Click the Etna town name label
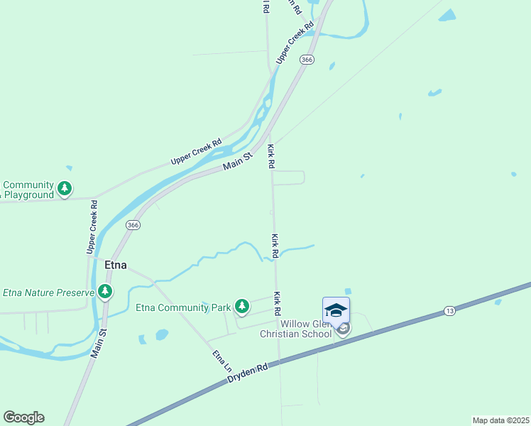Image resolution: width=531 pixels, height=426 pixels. pos(116,265)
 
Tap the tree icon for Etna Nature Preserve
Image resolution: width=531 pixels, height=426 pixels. pos(105,291)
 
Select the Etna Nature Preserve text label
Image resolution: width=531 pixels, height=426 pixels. pos(48,293)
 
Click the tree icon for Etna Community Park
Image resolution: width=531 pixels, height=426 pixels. pos(242,306)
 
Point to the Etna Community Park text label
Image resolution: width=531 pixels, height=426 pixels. pos(183,308)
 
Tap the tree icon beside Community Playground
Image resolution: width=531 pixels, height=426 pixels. pos(65,188)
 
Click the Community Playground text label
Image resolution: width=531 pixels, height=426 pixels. pos(28,190)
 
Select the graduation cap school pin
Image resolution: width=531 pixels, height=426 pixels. pos(336,310)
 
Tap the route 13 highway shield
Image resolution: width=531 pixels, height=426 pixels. pos(449,311)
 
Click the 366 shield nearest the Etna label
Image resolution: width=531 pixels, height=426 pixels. pos(133,224)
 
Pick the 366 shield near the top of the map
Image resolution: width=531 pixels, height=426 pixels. pos(307,60)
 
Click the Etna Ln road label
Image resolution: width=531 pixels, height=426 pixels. pos(221,362)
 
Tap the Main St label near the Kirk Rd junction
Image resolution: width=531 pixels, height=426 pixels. pos(238,161)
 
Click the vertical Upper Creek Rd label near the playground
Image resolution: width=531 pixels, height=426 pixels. pos(92,226)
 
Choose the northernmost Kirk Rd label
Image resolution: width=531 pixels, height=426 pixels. pos(271,156)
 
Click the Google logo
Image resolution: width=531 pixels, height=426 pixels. pos(23,417)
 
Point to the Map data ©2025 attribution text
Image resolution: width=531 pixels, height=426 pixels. pos(501,420)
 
